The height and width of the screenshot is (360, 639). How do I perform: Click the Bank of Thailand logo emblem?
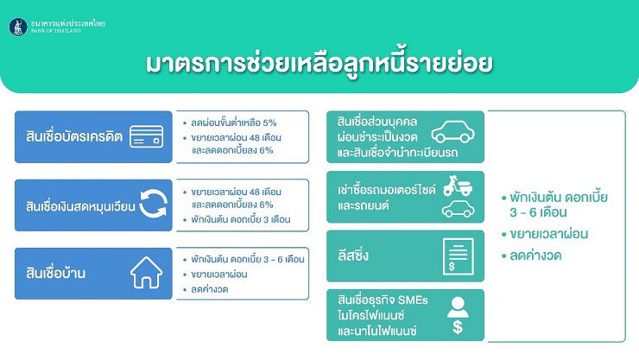(x=18, y=28)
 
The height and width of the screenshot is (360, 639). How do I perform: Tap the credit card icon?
(x=147, y=136)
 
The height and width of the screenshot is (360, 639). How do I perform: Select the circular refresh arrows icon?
(x=153, y=205)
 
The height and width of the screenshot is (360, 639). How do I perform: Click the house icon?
(x=146, y=273)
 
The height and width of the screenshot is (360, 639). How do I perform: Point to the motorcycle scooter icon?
(x=458, y=186)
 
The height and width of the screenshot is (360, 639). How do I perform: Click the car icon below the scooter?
(x=459, y=209)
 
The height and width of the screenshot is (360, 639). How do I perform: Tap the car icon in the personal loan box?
(x=453, y=131)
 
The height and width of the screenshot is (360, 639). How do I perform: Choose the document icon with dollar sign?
(x=458, y=256)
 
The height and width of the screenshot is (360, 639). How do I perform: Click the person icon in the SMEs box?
(x=458, y=307)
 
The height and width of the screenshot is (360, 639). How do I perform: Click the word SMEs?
(x=413, y=300)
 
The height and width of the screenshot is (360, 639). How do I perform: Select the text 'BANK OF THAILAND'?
(x=56, y=30)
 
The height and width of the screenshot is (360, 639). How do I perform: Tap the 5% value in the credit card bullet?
(x=269, y=123)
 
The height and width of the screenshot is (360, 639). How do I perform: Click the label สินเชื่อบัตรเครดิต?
(x=74, y=136)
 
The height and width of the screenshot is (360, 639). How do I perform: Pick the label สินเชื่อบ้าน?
(x=56, y=273)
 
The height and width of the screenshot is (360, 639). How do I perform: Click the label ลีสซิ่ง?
(x=353, y=256)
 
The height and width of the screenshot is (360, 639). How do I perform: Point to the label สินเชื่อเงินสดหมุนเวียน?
(x=80, y=206)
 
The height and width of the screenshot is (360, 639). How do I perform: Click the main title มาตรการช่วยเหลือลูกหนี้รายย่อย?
(x=319, y=63)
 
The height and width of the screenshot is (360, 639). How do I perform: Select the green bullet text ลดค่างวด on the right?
(x=535, y=256)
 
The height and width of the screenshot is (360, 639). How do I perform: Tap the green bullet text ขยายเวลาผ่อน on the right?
(x=549, y=234)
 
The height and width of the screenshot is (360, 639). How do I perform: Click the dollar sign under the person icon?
(x=458, y=326)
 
